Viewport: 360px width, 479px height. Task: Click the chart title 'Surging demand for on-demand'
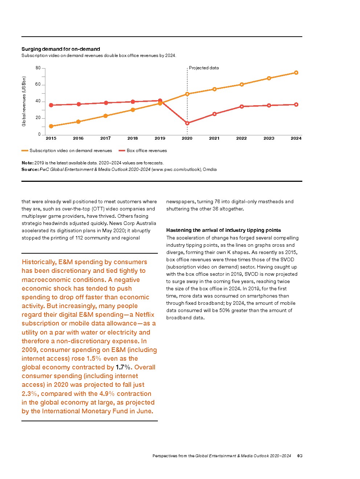pos(61,49)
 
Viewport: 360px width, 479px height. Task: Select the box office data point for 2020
pos(187,123)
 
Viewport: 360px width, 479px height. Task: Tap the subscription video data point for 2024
pos(296,73)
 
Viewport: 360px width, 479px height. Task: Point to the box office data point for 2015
pos(51,105)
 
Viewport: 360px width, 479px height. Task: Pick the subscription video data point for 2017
pos(106,116)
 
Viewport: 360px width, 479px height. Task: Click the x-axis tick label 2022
pos(241,138)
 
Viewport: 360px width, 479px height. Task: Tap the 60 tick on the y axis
pos(38,84)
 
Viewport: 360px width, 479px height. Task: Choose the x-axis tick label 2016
pos(78,138)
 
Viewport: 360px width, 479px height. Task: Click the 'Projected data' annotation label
pos(204,68)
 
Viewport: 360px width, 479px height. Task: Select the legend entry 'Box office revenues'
pos(147,151)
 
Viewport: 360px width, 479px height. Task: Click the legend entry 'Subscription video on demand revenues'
pos(71,151)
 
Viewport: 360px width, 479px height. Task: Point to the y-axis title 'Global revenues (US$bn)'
pos(24,101)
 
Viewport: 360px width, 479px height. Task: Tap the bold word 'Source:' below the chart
pos(30,169)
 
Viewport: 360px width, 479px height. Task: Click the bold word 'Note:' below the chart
pos(28,163)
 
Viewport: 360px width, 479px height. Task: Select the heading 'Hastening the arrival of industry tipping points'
pos(224,230)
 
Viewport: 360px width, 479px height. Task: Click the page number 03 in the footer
pos(300,456)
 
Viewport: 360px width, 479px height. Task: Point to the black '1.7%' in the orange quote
pos(123,367)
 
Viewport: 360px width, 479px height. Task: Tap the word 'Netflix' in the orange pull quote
pos(144,315)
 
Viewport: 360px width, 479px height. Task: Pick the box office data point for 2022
pos(242,107)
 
